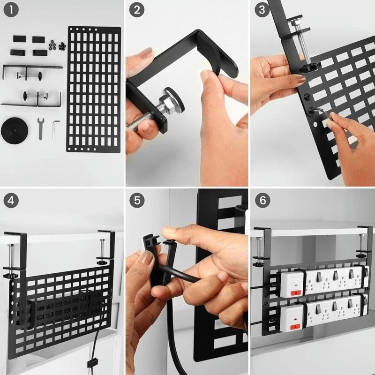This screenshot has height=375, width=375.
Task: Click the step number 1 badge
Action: pyautogui.click(x=11, y=10)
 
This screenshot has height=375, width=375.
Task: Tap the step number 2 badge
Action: pyautogui.click(x=137, y=10)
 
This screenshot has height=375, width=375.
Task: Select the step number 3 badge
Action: pyautogui.click(x=262, y=10)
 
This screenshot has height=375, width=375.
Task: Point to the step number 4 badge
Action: pyautogui.click(x=11, y=201)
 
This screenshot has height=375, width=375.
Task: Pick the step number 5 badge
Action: pyautogui.click(x=137, y=200)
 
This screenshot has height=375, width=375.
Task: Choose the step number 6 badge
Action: pyautogui.click(x=262, y=200)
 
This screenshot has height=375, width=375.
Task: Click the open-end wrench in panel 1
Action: pyautogui.click(x=41, y=128)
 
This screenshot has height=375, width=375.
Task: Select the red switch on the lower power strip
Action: pyautogui.click(x=295, y=326)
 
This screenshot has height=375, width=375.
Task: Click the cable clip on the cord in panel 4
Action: pyautogui.click(x=92, y=362)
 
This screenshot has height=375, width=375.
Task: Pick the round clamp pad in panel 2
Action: pyautogui.click(x=174, y=98)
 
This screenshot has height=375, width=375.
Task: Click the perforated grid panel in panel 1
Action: pyautogui.click(x=93, y=90)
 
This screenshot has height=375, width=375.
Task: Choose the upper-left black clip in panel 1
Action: pyautogui.click(x=19, y=38)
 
